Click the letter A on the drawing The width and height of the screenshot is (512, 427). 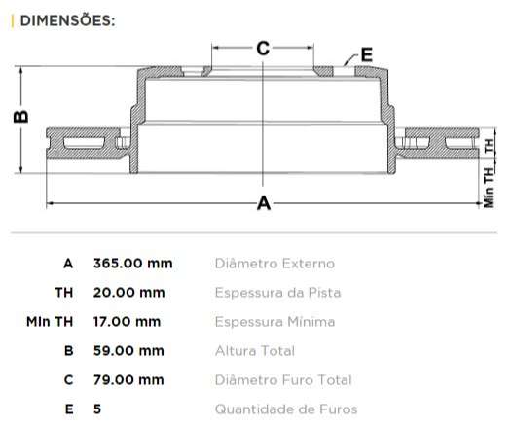[x=262, y=203]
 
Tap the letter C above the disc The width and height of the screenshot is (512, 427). [x=262, y=48]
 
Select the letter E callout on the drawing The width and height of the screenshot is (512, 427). [x=367, y=54]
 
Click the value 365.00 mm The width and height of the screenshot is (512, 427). [x=132, y=264]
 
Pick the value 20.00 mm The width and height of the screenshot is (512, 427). [x=128, y=293]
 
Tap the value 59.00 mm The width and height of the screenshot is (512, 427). [x=128, y=351]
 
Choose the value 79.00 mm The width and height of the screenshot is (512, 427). [x=128, y=380]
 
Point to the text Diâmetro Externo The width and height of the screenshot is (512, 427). [x=274, y=264]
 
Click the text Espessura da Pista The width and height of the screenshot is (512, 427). [x=277, y=293]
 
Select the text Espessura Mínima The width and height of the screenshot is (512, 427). [x=274, y=322]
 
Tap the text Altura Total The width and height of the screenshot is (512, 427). [x=255, y=351]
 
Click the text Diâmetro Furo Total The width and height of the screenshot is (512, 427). [x=281, y=380]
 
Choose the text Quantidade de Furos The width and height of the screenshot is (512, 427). [x=285, y=409]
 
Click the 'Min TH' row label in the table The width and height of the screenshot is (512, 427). [x=50, y=322]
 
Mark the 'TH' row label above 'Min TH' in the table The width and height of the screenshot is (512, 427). [x=63, y=293]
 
